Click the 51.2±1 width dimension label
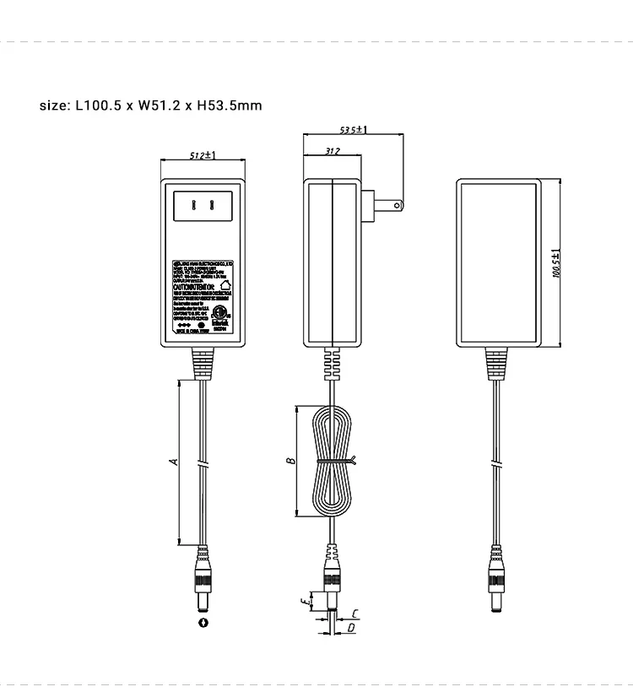202,155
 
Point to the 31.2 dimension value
332,152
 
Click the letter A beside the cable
173,461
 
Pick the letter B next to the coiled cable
289,461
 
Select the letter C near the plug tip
355,614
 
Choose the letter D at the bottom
351,629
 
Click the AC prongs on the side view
381,203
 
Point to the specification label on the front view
202,296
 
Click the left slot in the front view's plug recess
194,205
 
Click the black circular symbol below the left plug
203,623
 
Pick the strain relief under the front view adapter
203,364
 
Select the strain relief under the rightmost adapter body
497,364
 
